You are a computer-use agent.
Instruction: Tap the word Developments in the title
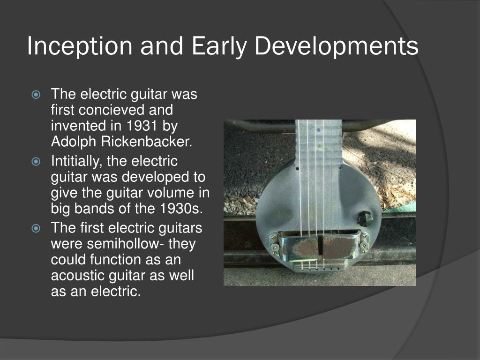337,46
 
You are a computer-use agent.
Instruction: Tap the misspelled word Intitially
77,162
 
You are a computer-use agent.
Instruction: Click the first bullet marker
37,95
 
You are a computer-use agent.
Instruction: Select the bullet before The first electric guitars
37,229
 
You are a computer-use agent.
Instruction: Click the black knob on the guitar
365,218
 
